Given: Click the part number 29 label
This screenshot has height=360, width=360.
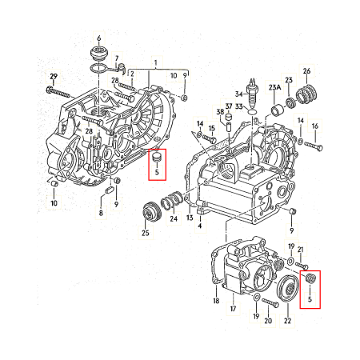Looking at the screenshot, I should click(53, 77).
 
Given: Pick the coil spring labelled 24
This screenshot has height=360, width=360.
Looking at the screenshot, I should click(171, 202).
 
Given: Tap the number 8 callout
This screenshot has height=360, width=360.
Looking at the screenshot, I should click(101, 214).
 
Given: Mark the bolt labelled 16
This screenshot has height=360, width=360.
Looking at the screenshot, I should click(313, 146).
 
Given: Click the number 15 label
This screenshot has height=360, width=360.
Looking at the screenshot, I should click(212, 129).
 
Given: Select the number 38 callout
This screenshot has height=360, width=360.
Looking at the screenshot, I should click(220, 113).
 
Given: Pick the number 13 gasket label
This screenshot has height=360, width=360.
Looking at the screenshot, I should click(190, 218).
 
